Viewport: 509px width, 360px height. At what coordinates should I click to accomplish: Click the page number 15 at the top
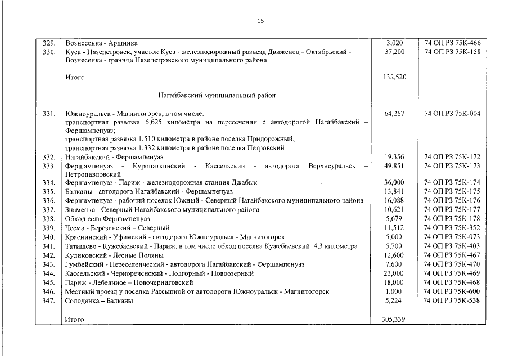click(260, 21)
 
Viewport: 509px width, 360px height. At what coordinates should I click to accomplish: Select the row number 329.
click(49, 43)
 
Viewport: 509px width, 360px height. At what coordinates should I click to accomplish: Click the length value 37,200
click(394, 52)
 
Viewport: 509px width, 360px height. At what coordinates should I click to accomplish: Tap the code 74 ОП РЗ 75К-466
click(452, 43)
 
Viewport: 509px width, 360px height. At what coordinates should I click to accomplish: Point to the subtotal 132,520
click(394, 77)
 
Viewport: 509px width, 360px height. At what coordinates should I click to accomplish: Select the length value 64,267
click(394, 114)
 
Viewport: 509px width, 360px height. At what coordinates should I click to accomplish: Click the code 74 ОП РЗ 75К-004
click(452, 114)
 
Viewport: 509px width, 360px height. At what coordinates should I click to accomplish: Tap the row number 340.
click(49, 237)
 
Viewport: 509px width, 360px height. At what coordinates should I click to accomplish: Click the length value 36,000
click(394, 182)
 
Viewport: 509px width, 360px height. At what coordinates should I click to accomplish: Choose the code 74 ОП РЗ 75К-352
click(452, 228)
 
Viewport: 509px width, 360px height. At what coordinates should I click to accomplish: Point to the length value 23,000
click(394, 273)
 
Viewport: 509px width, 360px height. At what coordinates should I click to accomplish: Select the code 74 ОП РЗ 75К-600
click(452, 291)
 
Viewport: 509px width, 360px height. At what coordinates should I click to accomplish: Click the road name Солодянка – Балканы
click(100, 300)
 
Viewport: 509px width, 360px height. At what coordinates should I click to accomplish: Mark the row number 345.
click(49, 282)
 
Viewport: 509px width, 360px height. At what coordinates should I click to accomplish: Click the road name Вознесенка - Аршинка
click(101, 43)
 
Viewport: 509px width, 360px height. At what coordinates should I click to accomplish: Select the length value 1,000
click(394, 291)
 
